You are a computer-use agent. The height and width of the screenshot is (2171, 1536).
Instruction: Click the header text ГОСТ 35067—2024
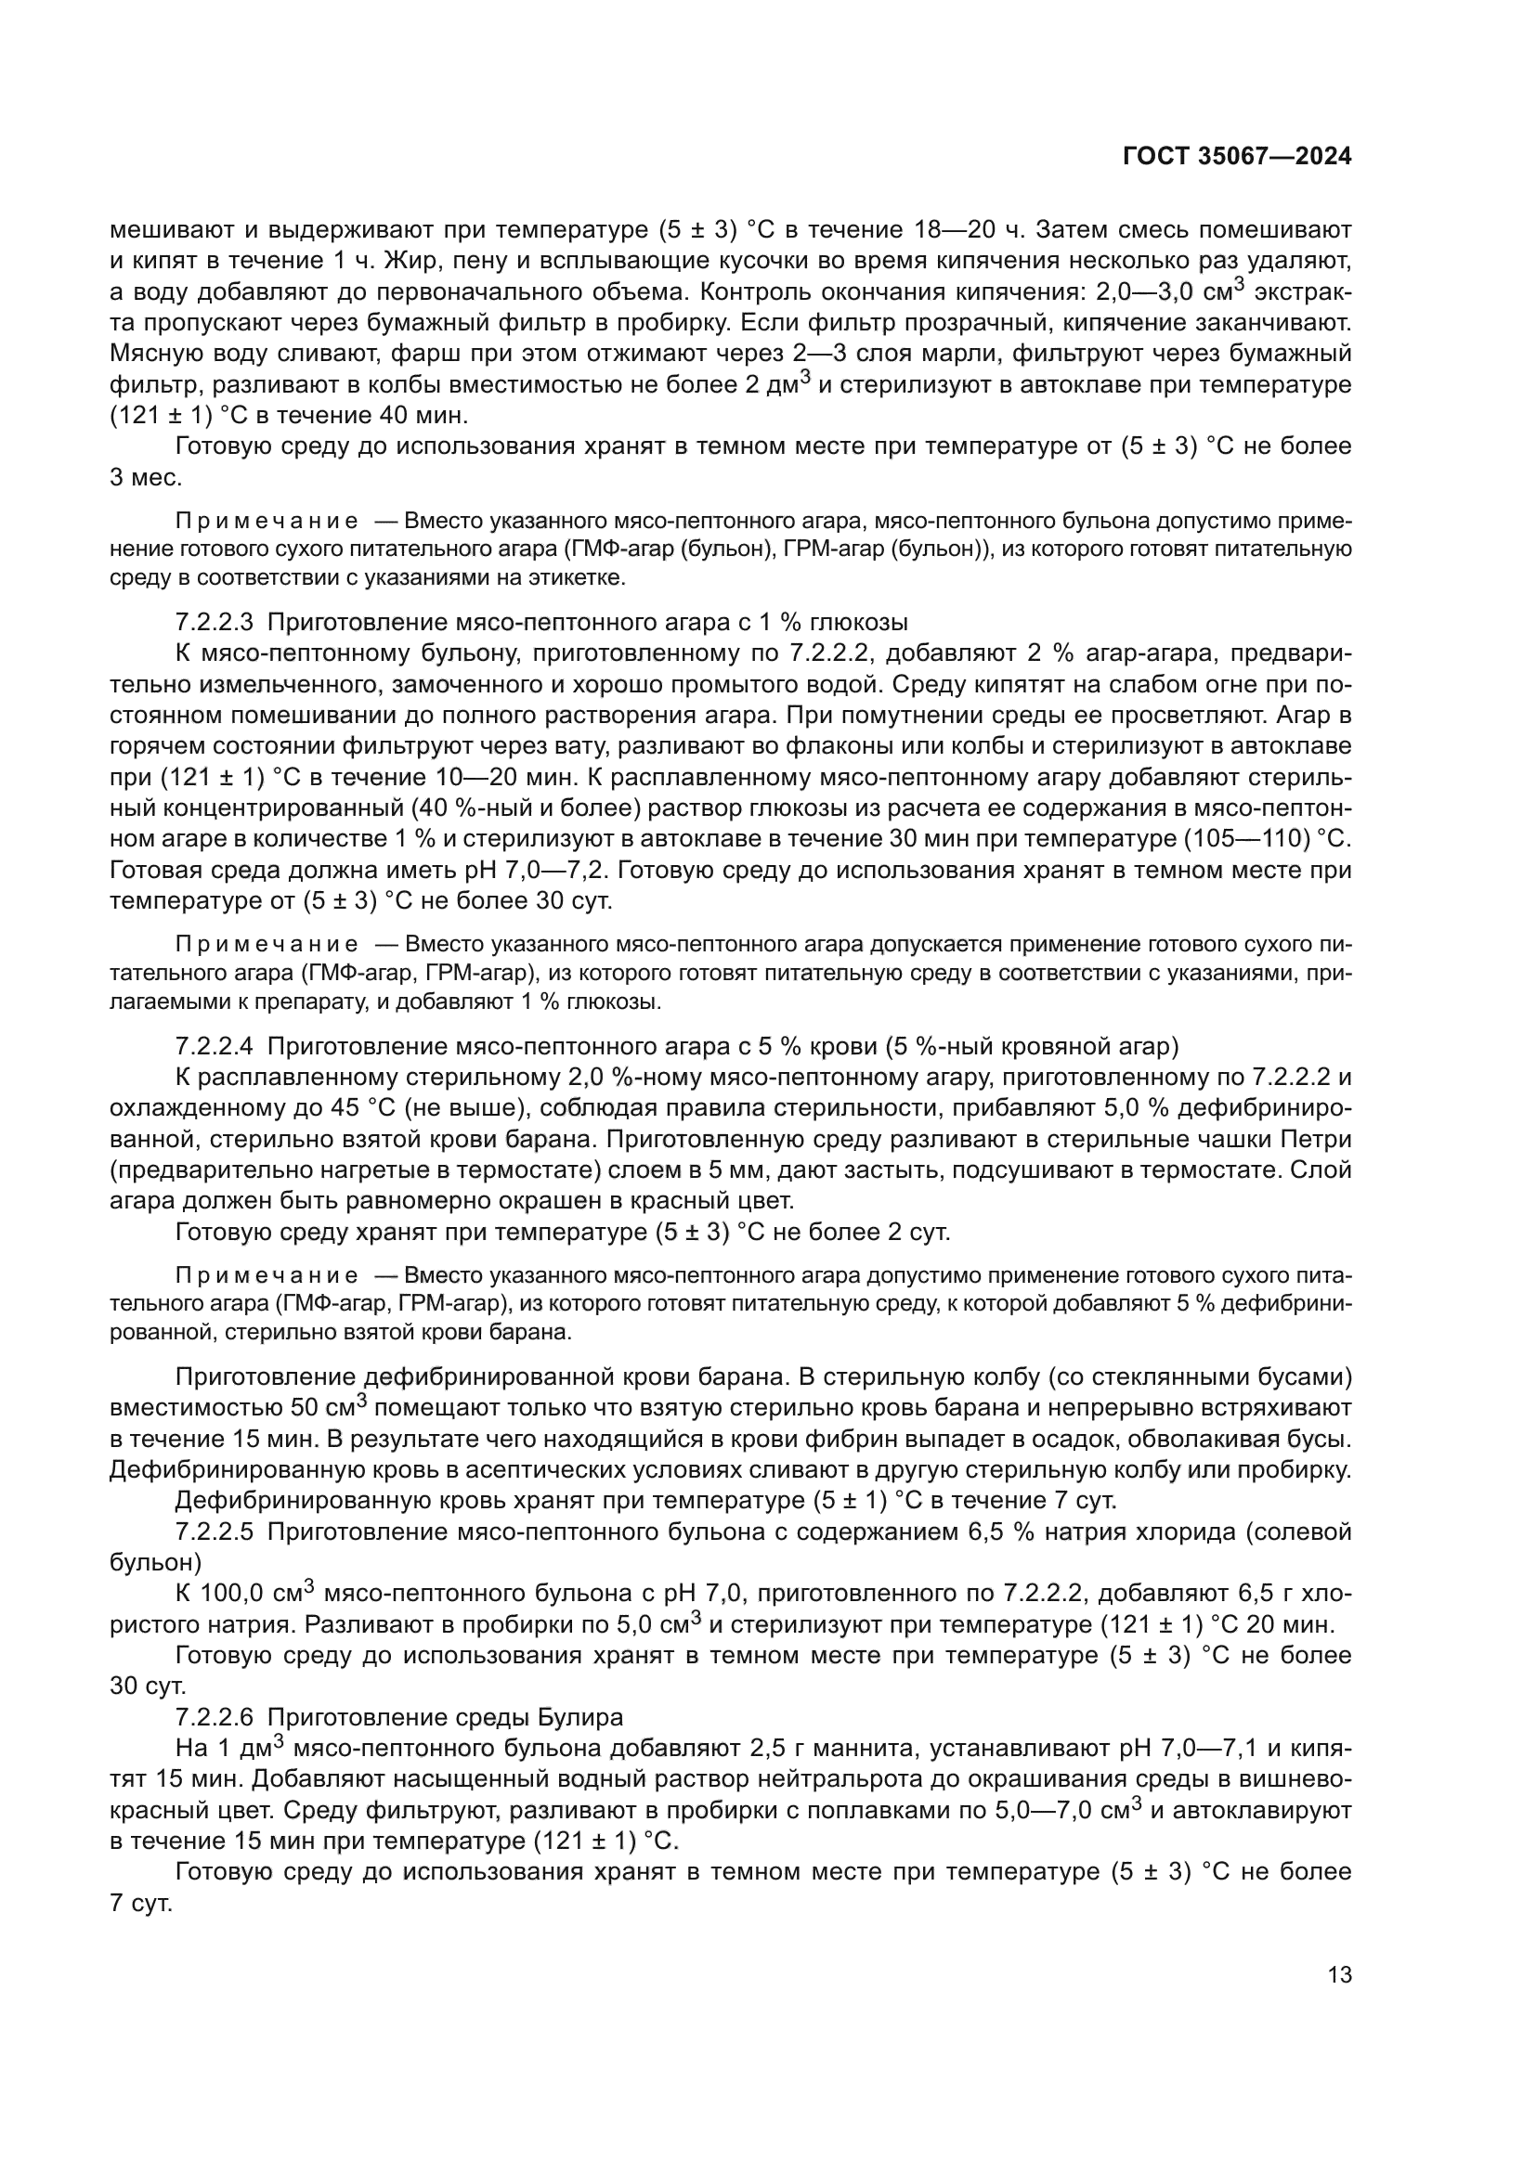pos(1237,157)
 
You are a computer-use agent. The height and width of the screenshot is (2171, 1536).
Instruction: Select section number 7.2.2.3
pos(214,622)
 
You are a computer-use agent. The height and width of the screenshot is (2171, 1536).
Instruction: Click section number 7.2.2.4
pos(214,1046)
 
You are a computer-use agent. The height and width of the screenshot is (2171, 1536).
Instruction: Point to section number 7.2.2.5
pos(214,1531)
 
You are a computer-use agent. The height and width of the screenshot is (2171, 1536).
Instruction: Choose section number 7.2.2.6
pos(214,1716)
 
